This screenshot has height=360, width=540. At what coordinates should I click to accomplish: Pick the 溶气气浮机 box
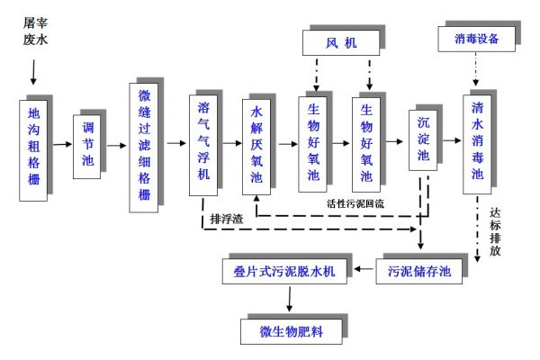[204, 143]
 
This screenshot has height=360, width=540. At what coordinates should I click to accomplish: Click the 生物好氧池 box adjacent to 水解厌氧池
[313, 143]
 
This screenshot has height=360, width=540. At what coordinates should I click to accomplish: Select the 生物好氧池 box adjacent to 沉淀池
[366, 143]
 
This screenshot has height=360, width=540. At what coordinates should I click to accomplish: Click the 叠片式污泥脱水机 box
[284, 270]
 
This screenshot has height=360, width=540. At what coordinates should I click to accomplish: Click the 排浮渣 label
[226, 217]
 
